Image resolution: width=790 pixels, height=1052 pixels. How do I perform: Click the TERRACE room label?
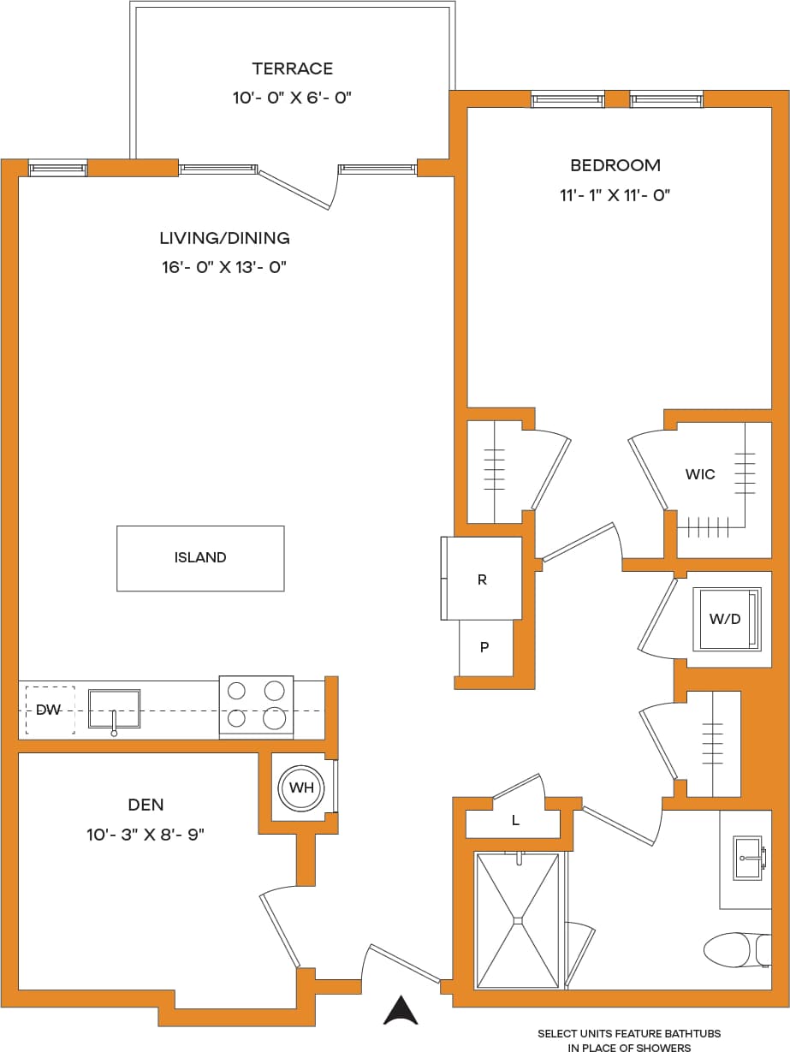[x=292, y=68]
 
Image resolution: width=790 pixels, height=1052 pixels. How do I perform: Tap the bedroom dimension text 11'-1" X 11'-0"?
[x=615, y=195]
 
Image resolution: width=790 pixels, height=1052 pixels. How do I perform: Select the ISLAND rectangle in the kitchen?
[x=200, y=558]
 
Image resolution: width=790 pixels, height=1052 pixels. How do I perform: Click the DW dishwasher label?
[x=48, y=710]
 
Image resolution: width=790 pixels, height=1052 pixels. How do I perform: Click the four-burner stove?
[x=256, y=706]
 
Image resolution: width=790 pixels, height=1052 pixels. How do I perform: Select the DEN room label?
[x=146, y=805]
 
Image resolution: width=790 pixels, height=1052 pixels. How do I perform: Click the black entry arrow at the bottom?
[x=400, y=1011]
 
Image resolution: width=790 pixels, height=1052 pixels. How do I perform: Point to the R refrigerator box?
[x=482, y=579]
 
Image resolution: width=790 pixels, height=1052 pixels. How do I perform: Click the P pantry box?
[x=484, y=648]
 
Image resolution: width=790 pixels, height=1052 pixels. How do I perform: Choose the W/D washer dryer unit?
[x=726, y=618]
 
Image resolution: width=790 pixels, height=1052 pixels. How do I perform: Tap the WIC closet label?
[x=699, y=474]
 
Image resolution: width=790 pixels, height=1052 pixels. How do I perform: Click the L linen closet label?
[x=515, y=820]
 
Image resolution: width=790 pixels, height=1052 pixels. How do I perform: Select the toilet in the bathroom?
[x=734, y=949]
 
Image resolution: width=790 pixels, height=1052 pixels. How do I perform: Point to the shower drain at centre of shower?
[x=517, y=921]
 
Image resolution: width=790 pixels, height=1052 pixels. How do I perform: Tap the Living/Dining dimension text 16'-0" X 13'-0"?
[x=223, y=267]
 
